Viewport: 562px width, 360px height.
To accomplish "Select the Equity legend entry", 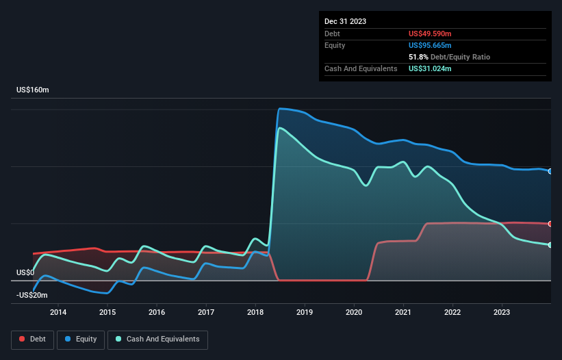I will tap(81, 339).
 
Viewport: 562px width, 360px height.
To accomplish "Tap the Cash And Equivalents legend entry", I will tap(157, 339).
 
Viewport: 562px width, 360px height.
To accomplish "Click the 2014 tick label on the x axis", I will tap(58, 313).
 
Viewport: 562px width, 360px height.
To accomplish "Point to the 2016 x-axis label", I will tap(157, 313).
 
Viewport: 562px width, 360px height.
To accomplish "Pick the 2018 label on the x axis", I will tap(255, 313).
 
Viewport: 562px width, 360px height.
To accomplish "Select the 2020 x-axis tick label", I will tap(354, 313).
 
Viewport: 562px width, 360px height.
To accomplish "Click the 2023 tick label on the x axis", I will tap(502, 313).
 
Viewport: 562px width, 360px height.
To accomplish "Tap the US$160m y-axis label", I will tap(33, 90).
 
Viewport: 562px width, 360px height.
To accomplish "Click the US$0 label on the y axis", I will tap(25, 272).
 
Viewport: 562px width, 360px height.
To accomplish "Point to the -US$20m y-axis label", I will tap(31, 295).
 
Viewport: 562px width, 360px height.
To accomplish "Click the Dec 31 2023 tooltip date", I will tap(345, 21).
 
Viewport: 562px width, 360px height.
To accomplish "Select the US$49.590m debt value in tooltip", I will tap(431, 34).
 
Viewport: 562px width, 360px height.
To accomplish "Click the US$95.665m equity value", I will tap(431, 45).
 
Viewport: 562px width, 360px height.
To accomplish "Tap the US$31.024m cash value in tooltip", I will tap(431, 68).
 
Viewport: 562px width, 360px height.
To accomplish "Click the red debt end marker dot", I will tap(550, 224).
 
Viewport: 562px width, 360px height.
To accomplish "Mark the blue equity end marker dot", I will tap(550, 171).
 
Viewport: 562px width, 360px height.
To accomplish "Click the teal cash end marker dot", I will tap(550, 245).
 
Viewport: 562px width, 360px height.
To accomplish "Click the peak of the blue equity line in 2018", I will tap(280, 108).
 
